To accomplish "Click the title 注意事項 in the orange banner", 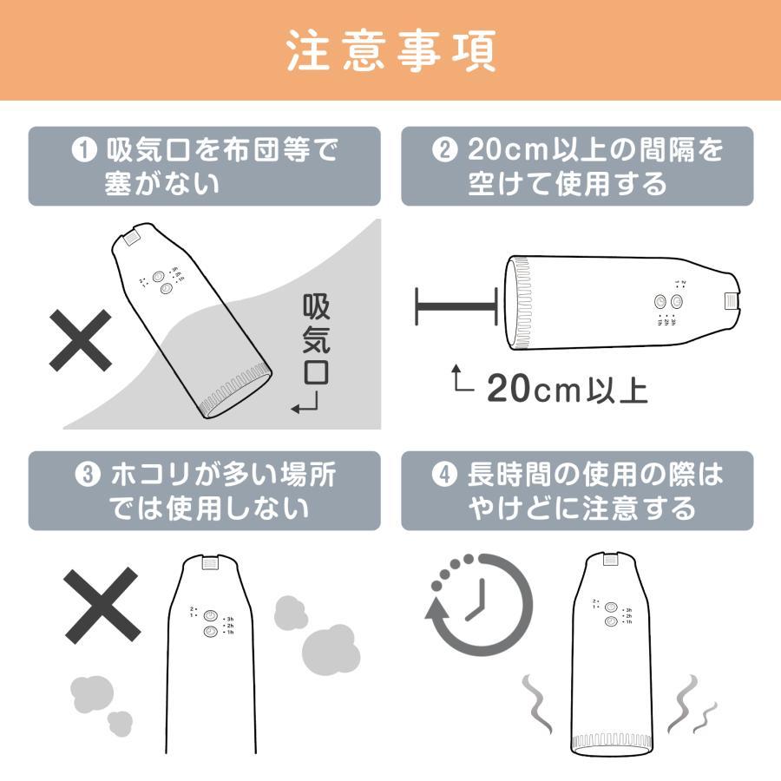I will point(390,51).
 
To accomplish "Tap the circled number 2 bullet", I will point(443,151).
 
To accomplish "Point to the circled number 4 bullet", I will point(443,476).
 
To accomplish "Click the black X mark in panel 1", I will point(80,339).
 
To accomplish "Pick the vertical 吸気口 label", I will point(317,339).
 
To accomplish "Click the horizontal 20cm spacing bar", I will point(456,305).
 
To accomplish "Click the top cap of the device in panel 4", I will point(613,562).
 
